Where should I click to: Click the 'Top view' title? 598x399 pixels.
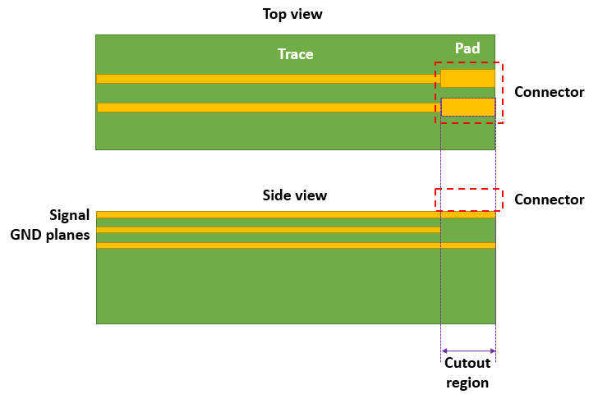click(294, 15)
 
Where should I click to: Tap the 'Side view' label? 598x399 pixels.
click(294, 195)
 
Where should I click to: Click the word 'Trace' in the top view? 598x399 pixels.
click(295, 54)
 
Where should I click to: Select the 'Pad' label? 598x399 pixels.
click(467, 48)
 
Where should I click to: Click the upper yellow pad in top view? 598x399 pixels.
click(467, 79)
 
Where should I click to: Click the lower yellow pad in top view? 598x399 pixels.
click(467, 108)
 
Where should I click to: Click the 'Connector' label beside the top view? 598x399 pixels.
click(549, 92)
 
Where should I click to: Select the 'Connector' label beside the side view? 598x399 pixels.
click(549, 199)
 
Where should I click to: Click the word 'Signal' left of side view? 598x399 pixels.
click(70, 216)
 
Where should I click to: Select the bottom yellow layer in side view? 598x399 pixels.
click(296, 245)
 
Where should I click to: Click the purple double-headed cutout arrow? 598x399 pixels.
click(468, 351)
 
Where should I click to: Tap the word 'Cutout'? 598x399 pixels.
click(467, 364)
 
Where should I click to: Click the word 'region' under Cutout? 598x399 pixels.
click(467, 382)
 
